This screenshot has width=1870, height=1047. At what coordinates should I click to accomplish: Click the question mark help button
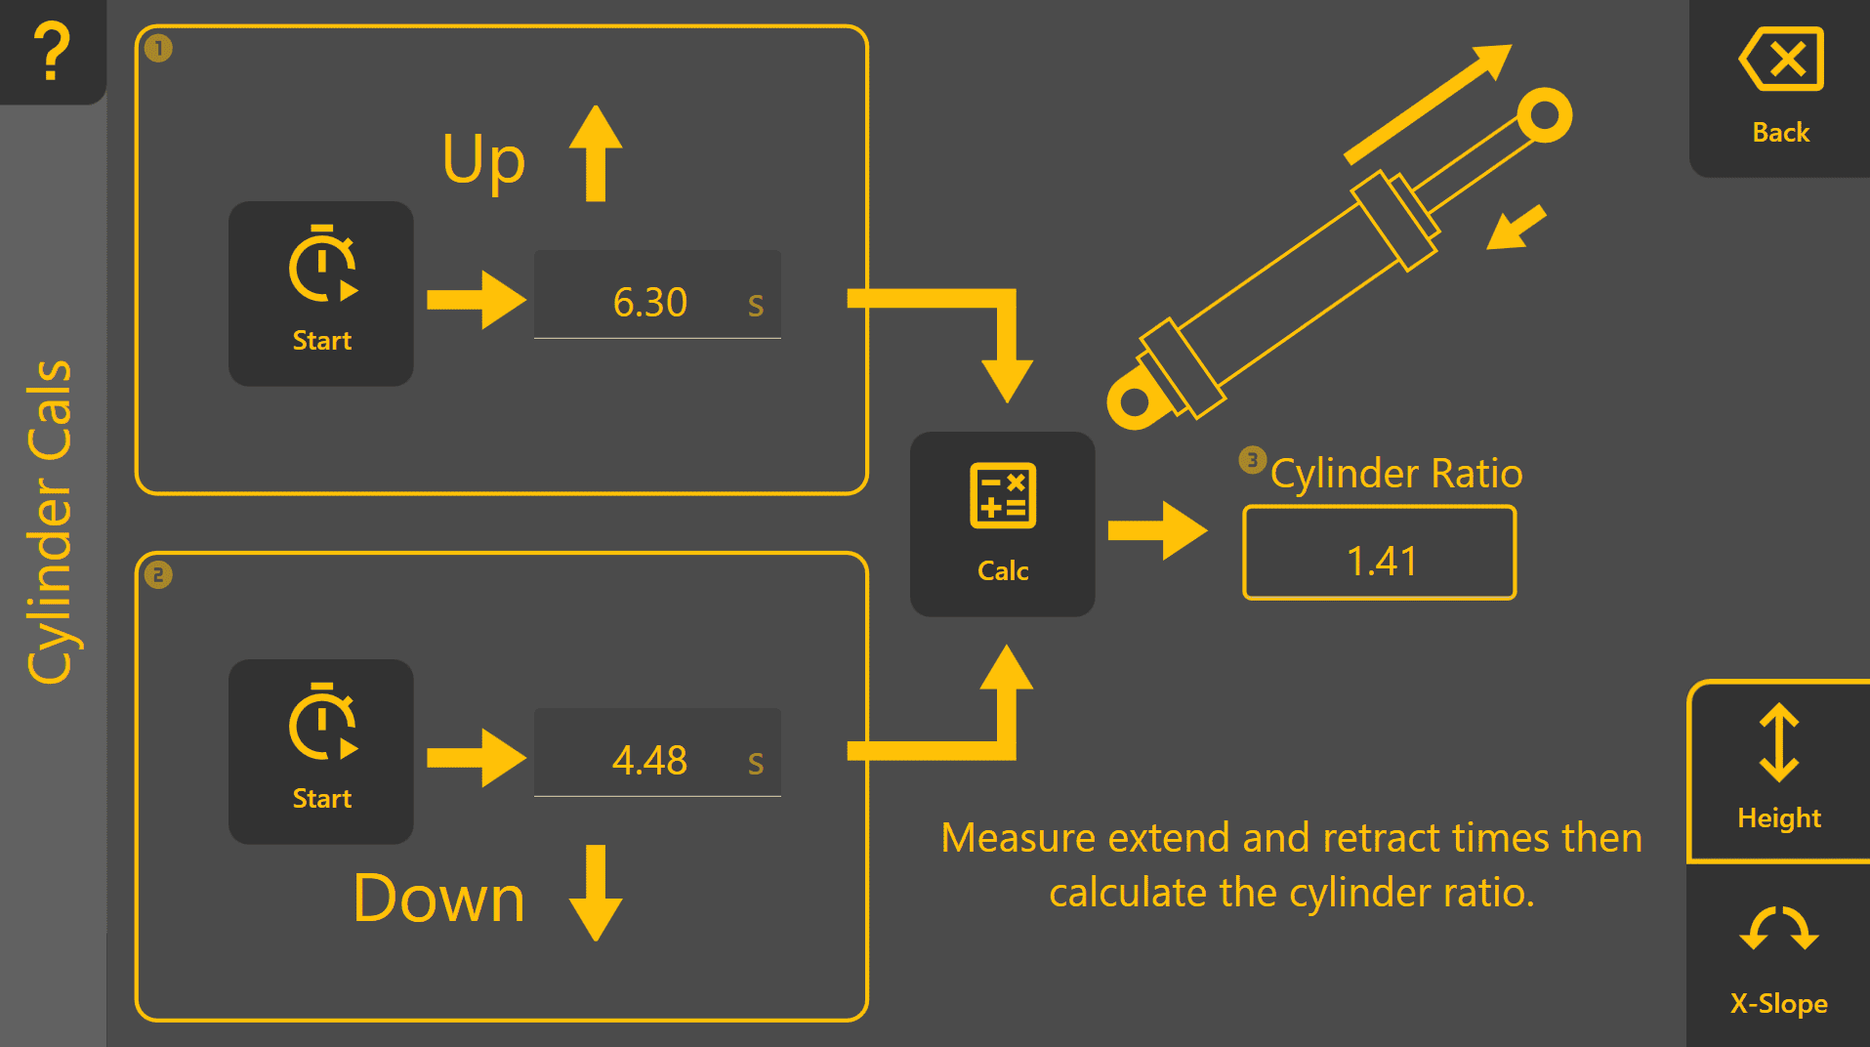click(x=52, y=51)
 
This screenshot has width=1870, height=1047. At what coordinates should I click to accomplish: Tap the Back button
click(x=1779, y=88)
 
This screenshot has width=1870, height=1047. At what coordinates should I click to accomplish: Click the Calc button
click(x=1003, y=524)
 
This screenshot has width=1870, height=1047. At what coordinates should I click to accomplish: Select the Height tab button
click(x=1779, y=772)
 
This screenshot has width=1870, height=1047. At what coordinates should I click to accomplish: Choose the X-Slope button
click(x=1779, y=957)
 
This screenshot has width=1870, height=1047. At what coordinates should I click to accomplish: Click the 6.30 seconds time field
click(x=657, y=295)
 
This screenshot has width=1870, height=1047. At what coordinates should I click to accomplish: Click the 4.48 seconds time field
click(x=657, y=753)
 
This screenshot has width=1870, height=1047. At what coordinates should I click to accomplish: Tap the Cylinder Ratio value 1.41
click(x=1380, y=553)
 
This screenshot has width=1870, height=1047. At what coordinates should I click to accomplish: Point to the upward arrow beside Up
click(x=596, y=153)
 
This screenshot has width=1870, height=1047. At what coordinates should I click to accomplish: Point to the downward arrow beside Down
click(x=596, y=894)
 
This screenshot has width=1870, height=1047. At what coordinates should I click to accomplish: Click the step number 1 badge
click(x=158, y=48)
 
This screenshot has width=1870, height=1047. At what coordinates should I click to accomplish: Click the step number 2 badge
click(x=158, y=574)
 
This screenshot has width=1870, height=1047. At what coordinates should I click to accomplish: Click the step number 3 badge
click(x=1253, y=459)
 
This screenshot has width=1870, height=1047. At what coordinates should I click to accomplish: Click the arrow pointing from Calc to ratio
click(x=1158, y=530)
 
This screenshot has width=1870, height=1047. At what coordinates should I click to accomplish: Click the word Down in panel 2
click(x=439, y=899)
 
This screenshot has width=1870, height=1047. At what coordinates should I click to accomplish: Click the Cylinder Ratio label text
click(x=1396, y=473)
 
